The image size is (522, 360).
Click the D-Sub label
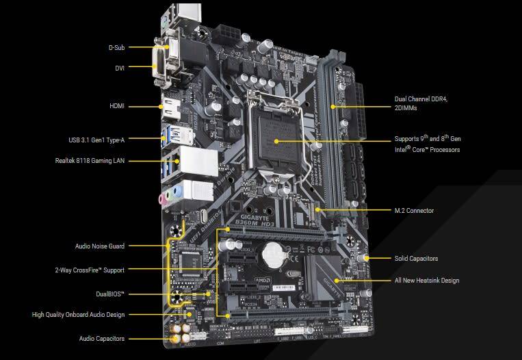click(116, 48)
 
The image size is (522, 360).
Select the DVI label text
click(119, 68)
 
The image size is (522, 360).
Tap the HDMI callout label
click(116, 107)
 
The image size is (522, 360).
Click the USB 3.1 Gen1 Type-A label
click(96, 139)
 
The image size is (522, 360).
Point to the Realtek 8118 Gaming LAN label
click(90, 161)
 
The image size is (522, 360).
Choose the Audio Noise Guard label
click(99, 246)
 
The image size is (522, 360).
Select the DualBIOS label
click(110, 294)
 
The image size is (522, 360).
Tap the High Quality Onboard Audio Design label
click(78, 316)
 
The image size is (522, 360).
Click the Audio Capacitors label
click(101, 339)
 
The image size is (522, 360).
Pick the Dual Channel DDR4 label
click(421, 103)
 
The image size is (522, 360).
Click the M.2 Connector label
click(414, 211)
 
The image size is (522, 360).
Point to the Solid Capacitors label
click(416, 259)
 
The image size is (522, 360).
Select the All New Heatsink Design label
click(426, 281)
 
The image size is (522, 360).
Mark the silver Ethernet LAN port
click(199, 159)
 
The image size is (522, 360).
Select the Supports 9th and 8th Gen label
click(427, 144)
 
